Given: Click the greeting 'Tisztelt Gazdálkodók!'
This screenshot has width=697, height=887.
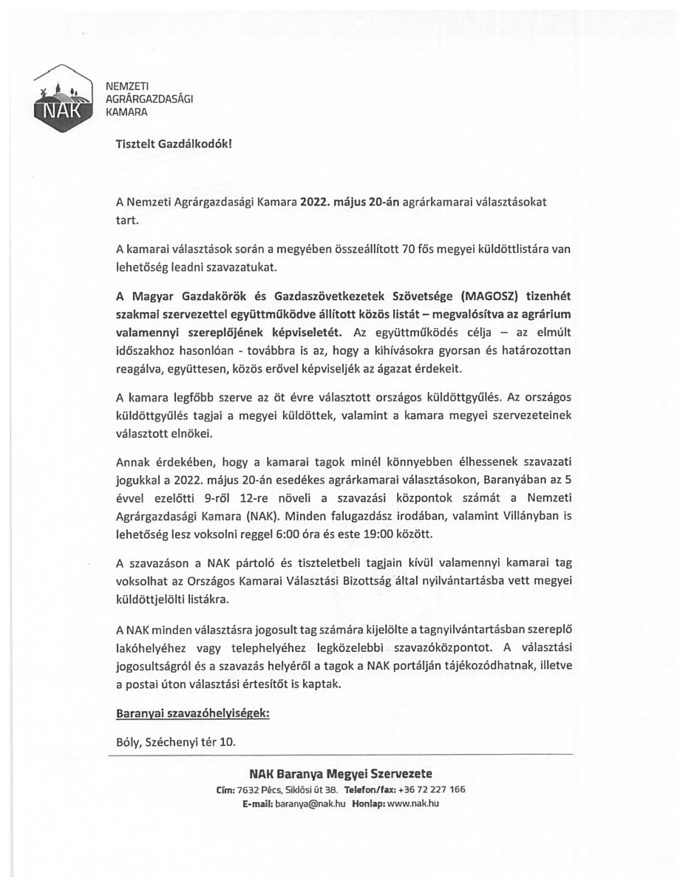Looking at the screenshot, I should point(174,144).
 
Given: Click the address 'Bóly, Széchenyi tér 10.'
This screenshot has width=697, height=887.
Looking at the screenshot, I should point(176,741).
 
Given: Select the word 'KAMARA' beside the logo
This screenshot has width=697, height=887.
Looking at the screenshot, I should point(127,113).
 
